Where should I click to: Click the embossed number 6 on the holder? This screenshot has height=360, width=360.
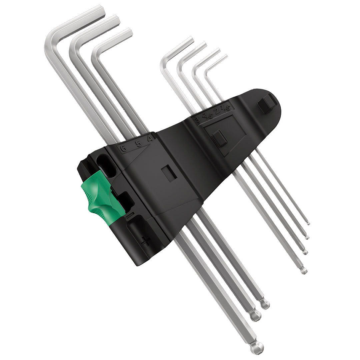coord(123,148)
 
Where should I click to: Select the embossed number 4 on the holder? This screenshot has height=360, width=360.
coord(151,138)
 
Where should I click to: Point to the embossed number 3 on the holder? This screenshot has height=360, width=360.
coord(197,119)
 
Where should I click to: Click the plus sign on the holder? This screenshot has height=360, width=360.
coord(146,241)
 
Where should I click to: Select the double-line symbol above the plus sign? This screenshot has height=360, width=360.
coord(129,216)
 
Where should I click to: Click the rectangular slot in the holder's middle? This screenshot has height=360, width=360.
coord(169,174)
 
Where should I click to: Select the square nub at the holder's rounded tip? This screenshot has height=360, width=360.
coord(267,103)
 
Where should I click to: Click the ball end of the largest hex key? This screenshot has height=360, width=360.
coord(258,348)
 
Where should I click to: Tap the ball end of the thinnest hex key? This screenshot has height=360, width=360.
coord(308,223)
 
